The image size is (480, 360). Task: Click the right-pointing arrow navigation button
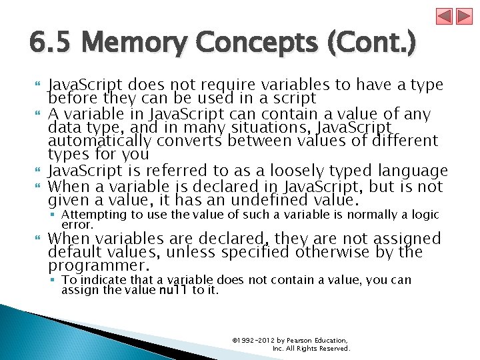tap(463, 16)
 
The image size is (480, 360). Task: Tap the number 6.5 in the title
tap(49, 45)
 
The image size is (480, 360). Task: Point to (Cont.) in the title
tap(374, 45)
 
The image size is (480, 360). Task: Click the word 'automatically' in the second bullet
tap(101, 141)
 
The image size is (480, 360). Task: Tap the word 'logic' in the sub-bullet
tap(425, 214)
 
